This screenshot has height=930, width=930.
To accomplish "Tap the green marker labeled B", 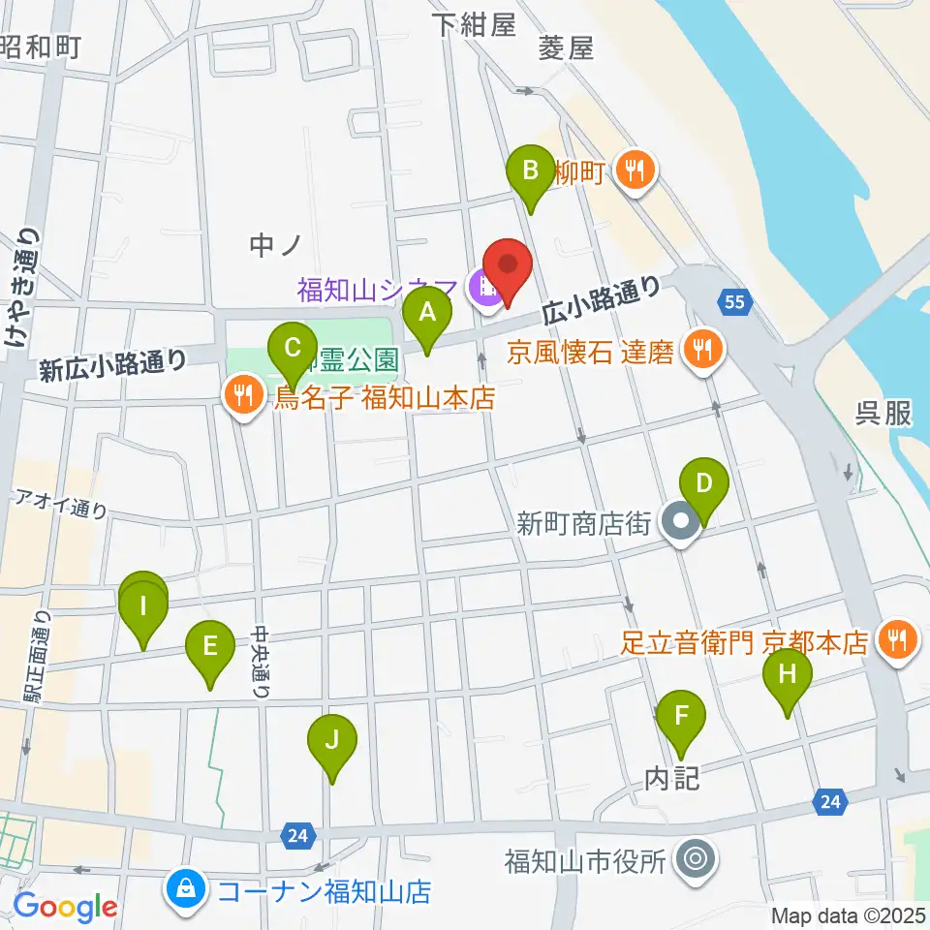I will (x=531, y=171).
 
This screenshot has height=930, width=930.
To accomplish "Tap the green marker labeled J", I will (x=332, y=742).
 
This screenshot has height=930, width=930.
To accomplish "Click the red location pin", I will (x=507, y=264).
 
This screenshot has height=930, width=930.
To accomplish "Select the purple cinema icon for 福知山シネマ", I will (x=483, y=287).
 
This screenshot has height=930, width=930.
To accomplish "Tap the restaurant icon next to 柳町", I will (x=635, y=171).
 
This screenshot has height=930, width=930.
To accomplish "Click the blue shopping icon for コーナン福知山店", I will (x=183, y=890).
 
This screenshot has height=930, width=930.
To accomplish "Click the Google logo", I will (x=64, y=907).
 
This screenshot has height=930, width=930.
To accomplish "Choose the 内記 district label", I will (x=671, y=779).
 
